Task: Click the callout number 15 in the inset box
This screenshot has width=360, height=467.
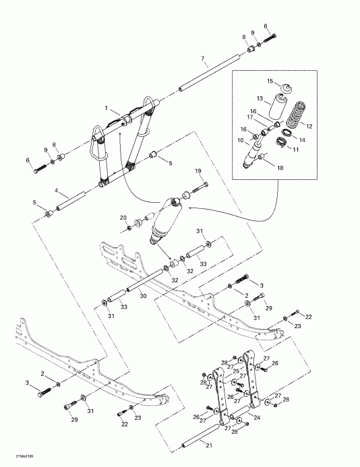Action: point(270,81)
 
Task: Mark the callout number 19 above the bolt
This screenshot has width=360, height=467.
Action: point(199,170)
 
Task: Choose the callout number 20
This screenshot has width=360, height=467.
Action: point(123,217)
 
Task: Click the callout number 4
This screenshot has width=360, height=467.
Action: point(57,191)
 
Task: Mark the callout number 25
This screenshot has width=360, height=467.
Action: point(236,371)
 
